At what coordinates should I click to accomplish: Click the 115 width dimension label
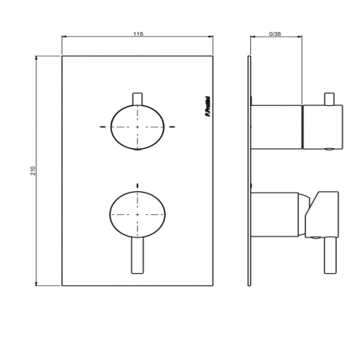138,34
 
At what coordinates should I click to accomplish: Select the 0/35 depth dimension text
276,34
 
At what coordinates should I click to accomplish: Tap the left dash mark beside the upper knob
103,127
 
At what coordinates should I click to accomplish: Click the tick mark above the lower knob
139,185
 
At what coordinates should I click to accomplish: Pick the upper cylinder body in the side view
278,127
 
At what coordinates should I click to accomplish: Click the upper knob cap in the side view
323,127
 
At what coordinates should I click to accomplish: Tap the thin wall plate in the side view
249,170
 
